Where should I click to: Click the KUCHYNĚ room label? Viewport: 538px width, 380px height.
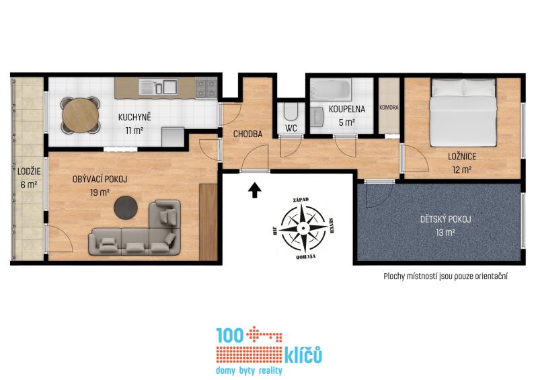tap(134, 117)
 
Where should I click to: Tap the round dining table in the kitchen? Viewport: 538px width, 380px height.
tap(81, 115)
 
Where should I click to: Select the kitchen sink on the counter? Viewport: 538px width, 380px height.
tap(158, 87)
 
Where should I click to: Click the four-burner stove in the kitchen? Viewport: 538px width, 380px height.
tap(206, 88)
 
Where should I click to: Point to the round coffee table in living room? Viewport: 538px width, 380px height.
tap(126, 207)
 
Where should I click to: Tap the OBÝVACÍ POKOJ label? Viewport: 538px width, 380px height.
tap(100, 179)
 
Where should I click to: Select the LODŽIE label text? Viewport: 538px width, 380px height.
tap(29, 171)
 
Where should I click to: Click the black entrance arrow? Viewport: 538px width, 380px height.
tap(255, 190)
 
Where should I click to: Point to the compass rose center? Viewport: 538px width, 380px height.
tap(303, 228)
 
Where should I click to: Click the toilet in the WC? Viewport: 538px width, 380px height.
tap(291, 112)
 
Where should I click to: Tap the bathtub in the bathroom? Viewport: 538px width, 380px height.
tap(330, 89)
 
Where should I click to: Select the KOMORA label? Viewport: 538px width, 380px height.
tap(389, 108)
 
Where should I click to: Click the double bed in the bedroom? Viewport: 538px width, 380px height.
tap(463, 112)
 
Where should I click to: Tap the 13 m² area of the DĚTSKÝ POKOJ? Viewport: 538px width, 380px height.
tap(445, 233)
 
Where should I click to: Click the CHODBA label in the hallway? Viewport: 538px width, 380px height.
tap(247, 134)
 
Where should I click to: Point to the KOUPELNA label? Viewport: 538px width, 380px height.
tap(347, 109)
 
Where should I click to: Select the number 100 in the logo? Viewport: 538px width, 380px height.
tap(230, 335)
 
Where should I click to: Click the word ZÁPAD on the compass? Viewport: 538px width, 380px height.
tap(301, 200)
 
